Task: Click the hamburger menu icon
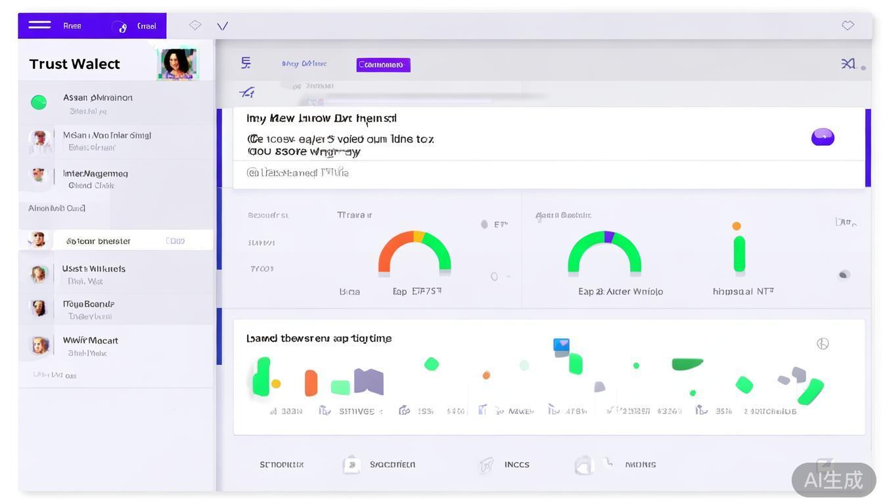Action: (x=39, y=25)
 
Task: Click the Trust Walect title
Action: (x=74, y=64)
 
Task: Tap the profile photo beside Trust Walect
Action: (x=177, y=64)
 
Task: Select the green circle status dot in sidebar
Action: (x=39, y=102)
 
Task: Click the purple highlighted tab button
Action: (x=383, y=64)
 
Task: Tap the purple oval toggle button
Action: (x=823, y=136)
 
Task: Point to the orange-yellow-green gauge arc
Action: (x=415, y=249)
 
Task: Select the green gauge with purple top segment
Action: (x=604, y=249)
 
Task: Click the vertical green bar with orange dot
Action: (x=739, y=254)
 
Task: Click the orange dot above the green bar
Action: (x=736, y=226)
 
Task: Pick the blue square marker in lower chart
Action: (x=561, y=345)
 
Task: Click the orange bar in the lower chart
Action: (x=311, y=383)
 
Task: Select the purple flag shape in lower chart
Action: (x=369, y=381)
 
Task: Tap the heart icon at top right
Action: (x=848, y=25)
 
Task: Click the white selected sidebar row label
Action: (x=99, y=241)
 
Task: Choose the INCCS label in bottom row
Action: (x=516, y=465)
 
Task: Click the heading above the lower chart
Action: (x=319, y=338)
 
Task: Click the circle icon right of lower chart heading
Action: (x=823, y=343)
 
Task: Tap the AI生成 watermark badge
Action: (x=833, y=480)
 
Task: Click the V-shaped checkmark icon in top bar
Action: (x=223, y=26)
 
